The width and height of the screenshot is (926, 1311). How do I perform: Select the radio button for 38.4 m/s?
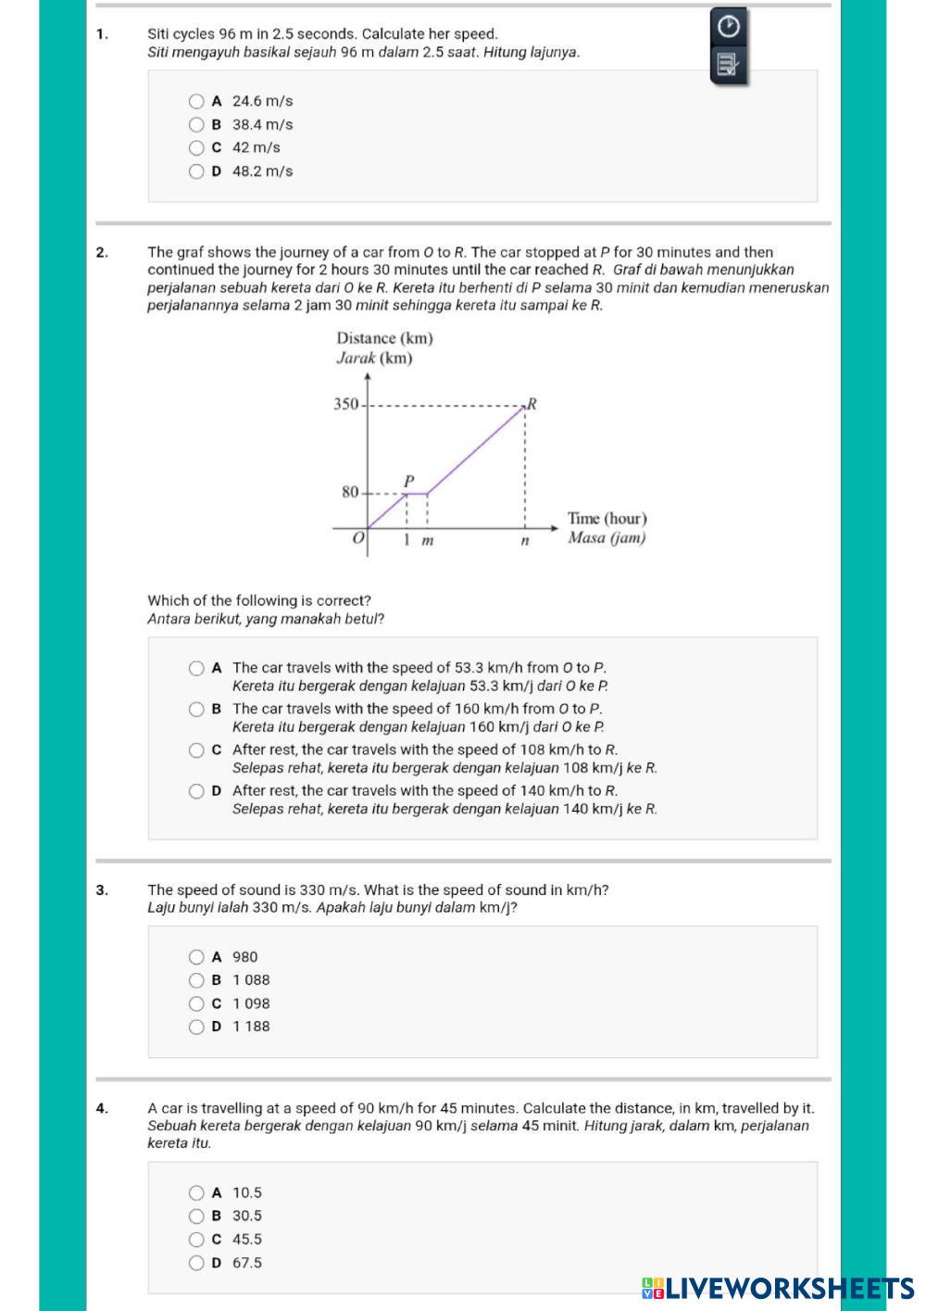click(x=196, y=125)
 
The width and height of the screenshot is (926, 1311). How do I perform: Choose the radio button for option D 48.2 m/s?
click(x=196, y=171)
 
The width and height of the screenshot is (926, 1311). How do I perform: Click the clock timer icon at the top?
click(x=729, y=27)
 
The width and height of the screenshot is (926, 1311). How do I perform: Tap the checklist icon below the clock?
click(x=729, y=64)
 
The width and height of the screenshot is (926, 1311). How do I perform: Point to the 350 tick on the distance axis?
click(x=345, y=404)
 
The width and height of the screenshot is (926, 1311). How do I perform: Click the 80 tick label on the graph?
click(x=350, y=492)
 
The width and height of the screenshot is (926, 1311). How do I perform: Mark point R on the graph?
click(x=532, y=404)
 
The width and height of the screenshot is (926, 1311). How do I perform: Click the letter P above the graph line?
click(x=407, y=480)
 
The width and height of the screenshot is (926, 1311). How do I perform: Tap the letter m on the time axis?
click(x=428, y=540)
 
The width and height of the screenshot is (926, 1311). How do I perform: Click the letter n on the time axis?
click(x=524, y=540)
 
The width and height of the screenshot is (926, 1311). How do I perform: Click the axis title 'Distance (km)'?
click(x=384, y=338)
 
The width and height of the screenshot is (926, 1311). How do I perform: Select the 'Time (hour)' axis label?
click(x=607, y=519)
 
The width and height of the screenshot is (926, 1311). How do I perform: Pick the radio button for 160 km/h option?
click(x=196, y=710)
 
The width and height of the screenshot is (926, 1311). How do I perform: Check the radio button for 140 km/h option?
click(x=196, y=791)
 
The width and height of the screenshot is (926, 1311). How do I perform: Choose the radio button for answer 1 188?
click(x=196, y=1027)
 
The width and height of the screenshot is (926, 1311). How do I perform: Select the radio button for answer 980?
click(x=196, y=957)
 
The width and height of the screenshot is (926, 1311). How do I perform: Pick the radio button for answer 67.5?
click(x=196, y=1263)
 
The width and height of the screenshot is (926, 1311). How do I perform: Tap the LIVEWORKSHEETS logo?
click(x=778, y=1288)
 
